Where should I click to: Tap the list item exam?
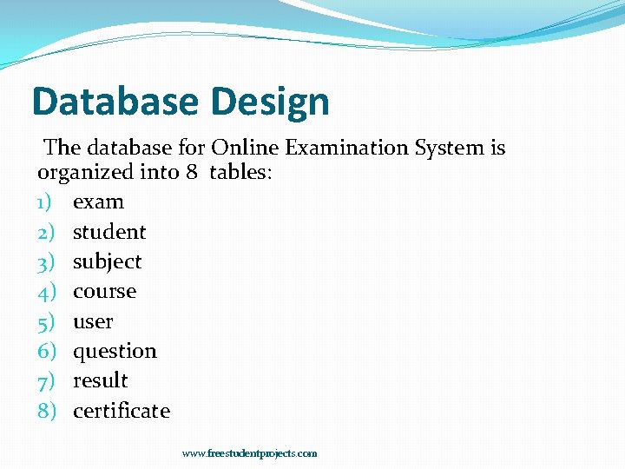pos(98,202)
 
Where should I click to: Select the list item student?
pos(109,232)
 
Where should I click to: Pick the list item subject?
pos(107,262)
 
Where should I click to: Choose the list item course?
pos(104,292)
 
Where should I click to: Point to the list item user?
pos(93,321)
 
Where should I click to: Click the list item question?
pos(115,352)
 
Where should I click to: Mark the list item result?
pos(101,380)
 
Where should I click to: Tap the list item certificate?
pos(122,411)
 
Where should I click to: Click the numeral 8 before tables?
pos(192,172)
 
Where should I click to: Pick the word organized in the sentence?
pos(85,173)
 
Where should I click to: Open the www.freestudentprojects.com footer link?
pos(250,453)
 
